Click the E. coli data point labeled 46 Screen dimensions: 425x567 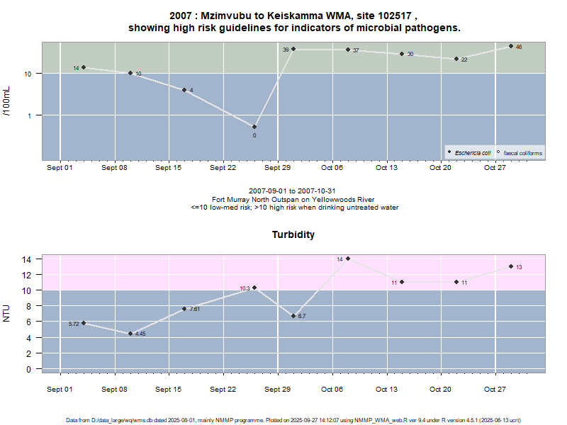click(510, 46)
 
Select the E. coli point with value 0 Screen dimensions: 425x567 click(254, 127)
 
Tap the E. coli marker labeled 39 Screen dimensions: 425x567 click(293, 49)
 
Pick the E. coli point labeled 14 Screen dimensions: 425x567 click(84, 67)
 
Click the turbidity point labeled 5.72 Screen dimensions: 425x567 click(84, 323)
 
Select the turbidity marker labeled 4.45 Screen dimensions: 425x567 click(130, 334)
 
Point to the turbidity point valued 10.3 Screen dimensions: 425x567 click(254, 288)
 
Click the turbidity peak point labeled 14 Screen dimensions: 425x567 click(348, 259)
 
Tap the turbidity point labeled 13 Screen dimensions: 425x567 click(510, 266)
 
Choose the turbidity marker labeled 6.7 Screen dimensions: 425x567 click(293, 316)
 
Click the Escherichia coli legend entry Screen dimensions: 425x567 click(472, 152)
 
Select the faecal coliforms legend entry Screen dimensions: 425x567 click(522, 152)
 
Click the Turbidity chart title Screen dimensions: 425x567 click(293, 234)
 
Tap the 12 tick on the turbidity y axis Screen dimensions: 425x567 click(29, 275)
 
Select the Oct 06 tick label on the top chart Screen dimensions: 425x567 click(332, 168)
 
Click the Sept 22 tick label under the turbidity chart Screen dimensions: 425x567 click(223, 389)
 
